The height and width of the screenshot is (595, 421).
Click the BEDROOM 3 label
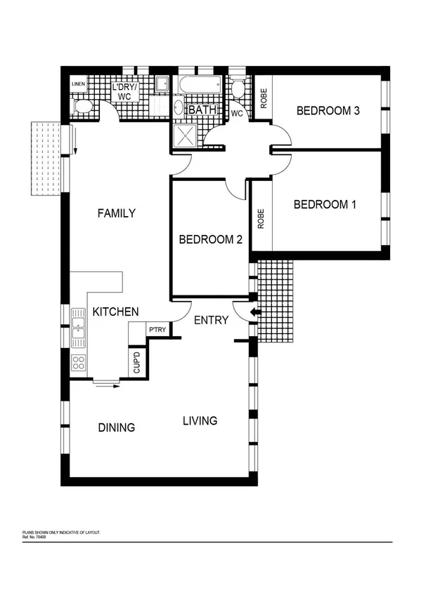pos(328,110)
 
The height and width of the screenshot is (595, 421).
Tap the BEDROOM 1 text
pos(325,205)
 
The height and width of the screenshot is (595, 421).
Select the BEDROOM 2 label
pos(211,239)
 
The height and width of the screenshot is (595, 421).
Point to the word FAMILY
pos(116,213)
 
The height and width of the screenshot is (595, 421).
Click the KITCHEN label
pos(116,312)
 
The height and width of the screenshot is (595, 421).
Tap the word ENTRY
pos(211,320)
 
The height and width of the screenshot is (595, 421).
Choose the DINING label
pos(116,427)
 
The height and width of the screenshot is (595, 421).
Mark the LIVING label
pos(200,421)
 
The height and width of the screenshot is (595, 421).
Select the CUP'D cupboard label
pos(137,363)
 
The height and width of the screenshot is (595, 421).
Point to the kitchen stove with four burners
pos(79,363)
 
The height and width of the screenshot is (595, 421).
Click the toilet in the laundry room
pos(82,107)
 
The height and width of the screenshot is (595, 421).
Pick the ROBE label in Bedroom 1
pos(261,218)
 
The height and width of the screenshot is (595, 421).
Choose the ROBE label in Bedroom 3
pos(264,98)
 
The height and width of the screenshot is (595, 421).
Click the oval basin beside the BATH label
pos(178,109)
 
